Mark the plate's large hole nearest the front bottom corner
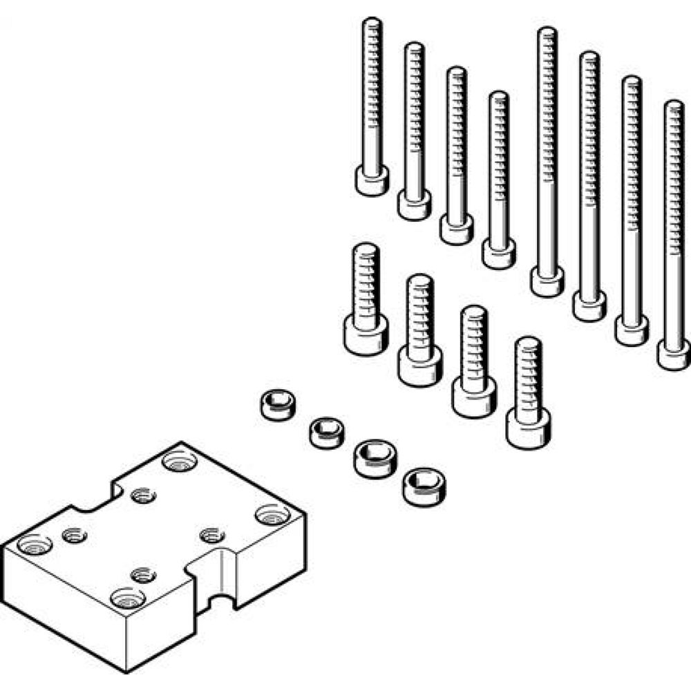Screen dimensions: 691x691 coord(126,596)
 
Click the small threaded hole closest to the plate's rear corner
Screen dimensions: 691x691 coord(142,495)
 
